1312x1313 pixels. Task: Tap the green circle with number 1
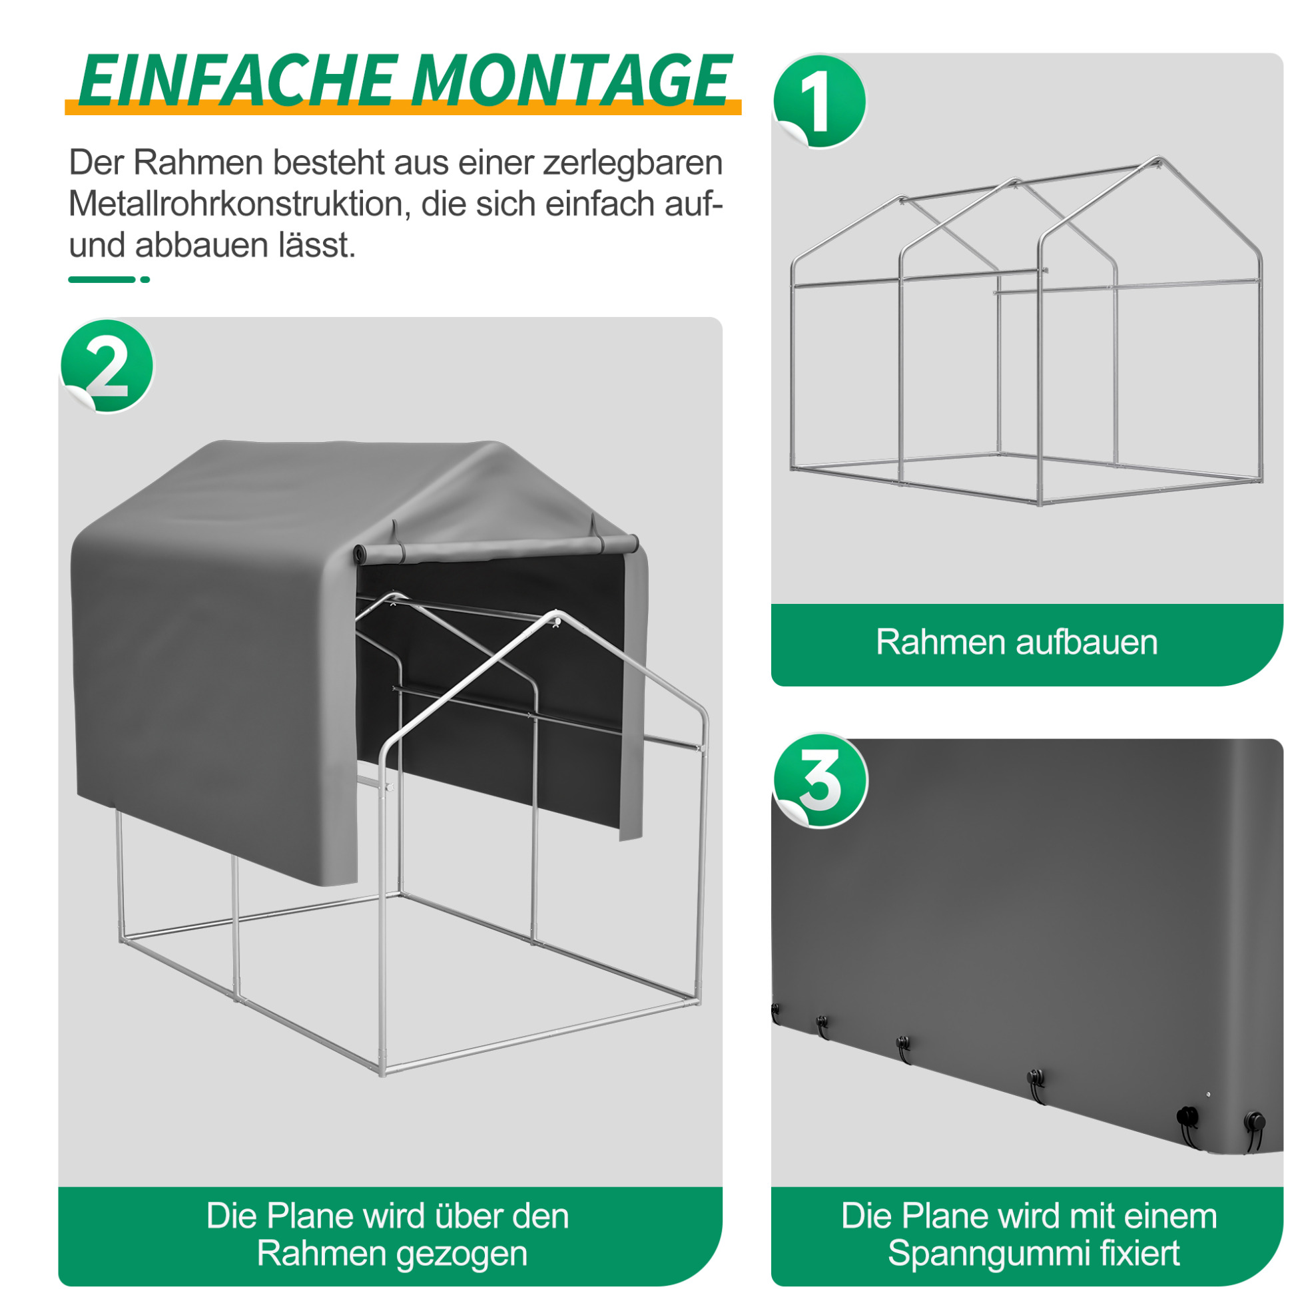point(820,101)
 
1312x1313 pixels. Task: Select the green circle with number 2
point(107,366)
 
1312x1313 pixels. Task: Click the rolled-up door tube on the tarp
point(496,547)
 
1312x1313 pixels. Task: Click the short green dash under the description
point(145,280)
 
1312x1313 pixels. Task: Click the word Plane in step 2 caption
point(309,1216)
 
